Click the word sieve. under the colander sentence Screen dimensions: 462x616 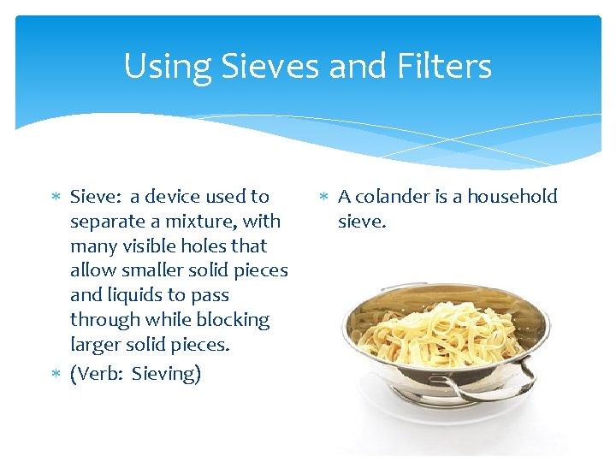(362, 222)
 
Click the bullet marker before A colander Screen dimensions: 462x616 (324, 198)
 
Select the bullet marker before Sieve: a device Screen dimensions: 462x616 (56, 198)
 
